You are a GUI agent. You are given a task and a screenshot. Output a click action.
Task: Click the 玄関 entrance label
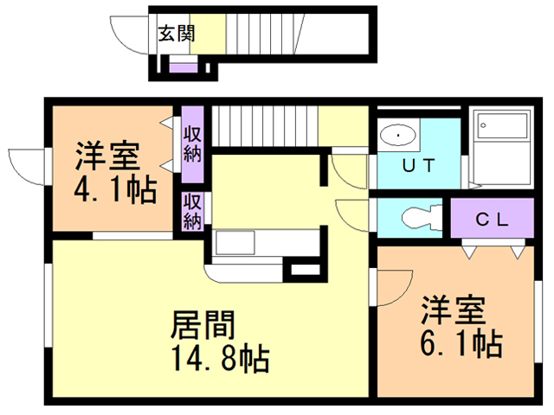point(176,34)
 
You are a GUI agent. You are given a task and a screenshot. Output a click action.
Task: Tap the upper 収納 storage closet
point(192,144)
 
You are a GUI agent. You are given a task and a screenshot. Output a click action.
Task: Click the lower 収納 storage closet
point(192,211)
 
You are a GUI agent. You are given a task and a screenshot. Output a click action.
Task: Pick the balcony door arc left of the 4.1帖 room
point(26,164)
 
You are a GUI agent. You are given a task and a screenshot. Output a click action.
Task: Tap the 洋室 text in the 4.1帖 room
point(106,156)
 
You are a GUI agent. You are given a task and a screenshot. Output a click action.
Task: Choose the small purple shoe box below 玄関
point(182,67)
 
